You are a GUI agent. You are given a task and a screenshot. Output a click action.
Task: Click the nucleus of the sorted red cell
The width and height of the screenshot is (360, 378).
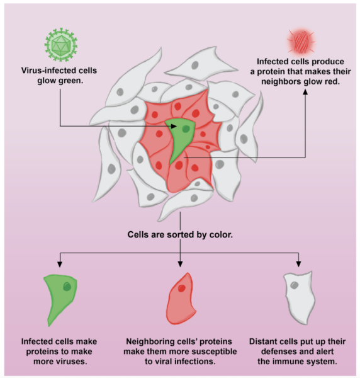click(181, 288)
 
